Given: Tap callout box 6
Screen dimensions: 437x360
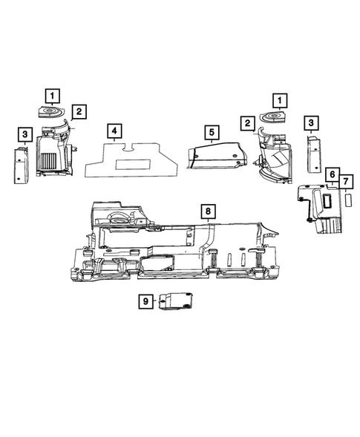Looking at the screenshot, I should [332, 177].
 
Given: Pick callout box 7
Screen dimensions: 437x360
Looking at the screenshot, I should [347, 182].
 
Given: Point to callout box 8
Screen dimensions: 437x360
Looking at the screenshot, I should [209, 211].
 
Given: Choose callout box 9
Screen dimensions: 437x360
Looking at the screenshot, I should [146, 300].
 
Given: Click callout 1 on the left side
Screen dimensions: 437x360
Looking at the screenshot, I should [52, 95].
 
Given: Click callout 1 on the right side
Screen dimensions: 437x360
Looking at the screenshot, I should [281, 99].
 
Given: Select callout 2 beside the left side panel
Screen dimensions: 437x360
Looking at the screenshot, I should [79, 112].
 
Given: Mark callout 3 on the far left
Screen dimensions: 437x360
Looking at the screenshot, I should [25, 134].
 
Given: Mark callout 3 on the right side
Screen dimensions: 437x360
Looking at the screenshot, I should [312, 122].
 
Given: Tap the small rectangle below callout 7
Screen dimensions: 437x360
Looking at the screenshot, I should [347, 200].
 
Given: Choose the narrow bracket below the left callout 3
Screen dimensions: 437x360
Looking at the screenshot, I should [19, 165].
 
